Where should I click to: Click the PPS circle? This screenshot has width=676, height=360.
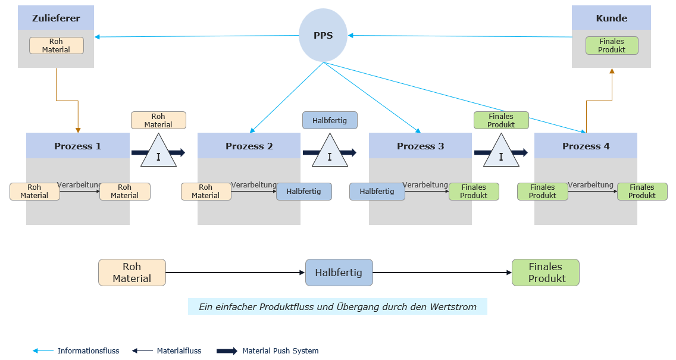pyautogui.click(x=323, y=35)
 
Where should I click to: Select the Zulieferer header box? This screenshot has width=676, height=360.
pyautogui.click(x=56, y=18)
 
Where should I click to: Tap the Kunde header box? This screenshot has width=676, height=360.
pyautogui.click(x=611, y=18)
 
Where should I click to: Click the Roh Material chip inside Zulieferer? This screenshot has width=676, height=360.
pyautogui.click(x=56, y=46)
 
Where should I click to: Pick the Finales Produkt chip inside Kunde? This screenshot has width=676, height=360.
pyautogui.click(x=612, y=46)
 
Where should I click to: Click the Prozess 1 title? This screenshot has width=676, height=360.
pyautogui.click(x=77, y=146)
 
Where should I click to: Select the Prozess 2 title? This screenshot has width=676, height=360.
pyautogui.click(x=249, y=146)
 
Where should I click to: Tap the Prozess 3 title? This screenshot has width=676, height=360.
pyautogui.click(x=420, y=146)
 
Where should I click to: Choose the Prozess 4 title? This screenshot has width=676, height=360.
pyautogui.click(x=586, y=146)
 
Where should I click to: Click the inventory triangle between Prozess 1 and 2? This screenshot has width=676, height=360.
pyautogui.click(x=158, y=152)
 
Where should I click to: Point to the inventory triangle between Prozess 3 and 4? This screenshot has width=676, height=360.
pyautogui.click(x=501, y=152)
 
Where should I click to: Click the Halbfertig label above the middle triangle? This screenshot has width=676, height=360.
pyautogui.click(x=330, y=120)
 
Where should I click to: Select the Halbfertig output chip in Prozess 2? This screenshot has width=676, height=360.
pyautogui.click(x=303, y=192)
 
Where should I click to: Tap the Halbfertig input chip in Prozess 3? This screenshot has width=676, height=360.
pyautogui.click(x=377, y=192)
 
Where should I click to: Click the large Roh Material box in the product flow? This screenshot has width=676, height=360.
pyautogui.click(x=132, y=273)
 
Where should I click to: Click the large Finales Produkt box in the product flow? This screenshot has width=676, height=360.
pyautogui.click(x=545, y=273)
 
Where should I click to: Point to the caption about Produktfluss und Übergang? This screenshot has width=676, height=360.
pyautogui.click(x=337, y=307)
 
